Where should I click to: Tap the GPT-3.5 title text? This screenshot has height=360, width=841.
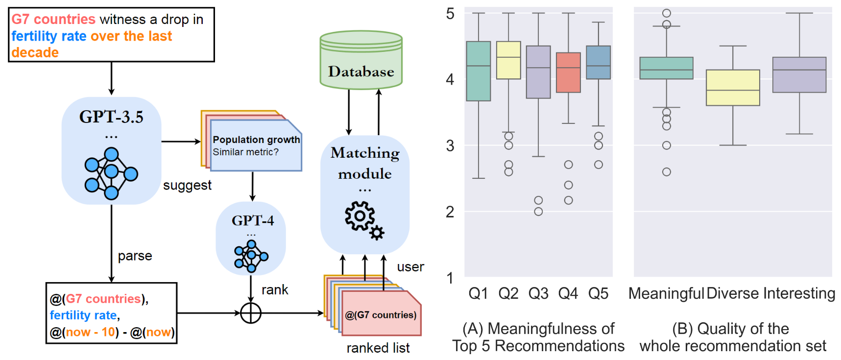pyautogui.click(x=111, y=117)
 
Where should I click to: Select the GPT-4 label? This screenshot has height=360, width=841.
pyautogui.click(x=252, y=220)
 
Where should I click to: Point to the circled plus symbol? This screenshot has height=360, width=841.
pyautogui.click(x=251, y=313)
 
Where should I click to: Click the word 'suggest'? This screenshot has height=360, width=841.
pyautogui.click(x=187, y=185)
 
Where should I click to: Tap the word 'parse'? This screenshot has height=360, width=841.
pyautogui.click(x=135, y=256)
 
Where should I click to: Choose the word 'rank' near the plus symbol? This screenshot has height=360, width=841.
pyautogui.click(x=275, y=290)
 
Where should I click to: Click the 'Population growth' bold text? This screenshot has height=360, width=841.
pyautogui.click(x=256, y=140)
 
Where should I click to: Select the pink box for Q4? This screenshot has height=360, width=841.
pyautogui.click(x=568, y=72)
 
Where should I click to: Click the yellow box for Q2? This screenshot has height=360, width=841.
pyautogui.click(x=508, y=60)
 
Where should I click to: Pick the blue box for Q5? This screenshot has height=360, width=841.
pyautogui.click(x=598, y=62)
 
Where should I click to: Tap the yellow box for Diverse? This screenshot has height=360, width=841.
pyautogui.click(x=733, y=88)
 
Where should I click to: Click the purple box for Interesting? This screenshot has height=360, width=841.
pyautogui.click(x=799, y=75)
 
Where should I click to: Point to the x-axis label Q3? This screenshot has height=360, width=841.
pyautogui.click(x=538, y=293)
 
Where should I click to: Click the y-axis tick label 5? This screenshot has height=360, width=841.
pyautogui.click(x=450, y=14)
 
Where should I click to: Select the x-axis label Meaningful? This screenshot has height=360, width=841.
pyautogui.click(x=666, y=293)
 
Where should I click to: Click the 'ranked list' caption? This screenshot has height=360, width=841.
pyautogui.click(x=378, y=348)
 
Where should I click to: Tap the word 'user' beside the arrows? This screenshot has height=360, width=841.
pyautogui.click(x=410, y=267)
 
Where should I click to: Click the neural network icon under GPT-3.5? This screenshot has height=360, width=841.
pyautogui.click(x=111, y=173)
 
